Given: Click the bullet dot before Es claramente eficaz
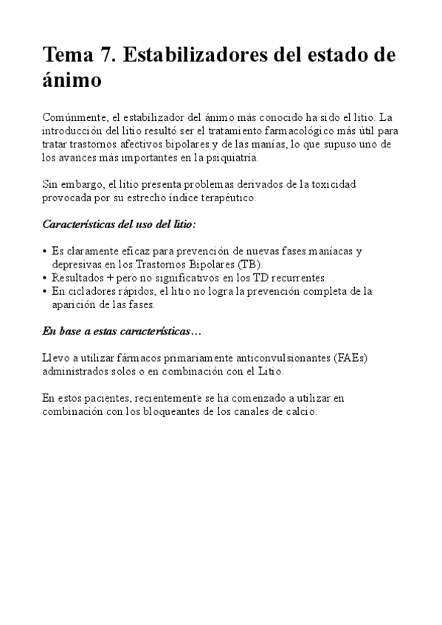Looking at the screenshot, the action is click(x=46, y=251).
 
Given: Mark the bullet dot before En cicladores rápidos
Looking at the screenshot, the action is click(x=46, y=291).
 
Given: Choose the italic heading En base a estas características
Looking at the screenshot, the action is click(x=118, y=332).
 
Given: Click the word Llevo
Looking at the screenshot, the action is click(x=56, y=358).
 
